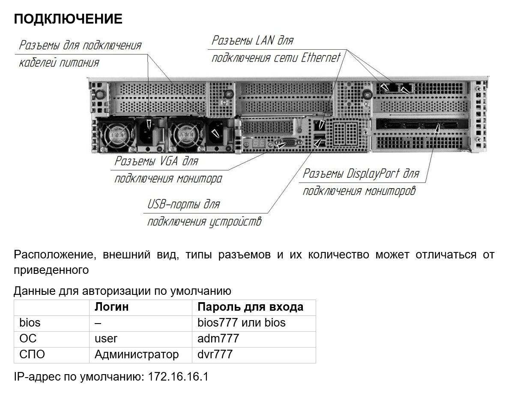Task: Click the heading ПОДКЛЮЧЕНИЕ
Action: [68, 19]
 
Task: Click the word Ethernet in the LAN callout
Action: [321, 58]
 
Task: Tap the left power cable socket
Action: [149, 132]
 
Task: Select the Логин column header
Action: [111, 307]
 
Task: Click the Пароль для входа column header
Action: [251, 307]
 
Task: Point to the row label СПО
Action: [32, 354]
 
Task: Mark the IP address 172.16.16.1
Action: [178, 377]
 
